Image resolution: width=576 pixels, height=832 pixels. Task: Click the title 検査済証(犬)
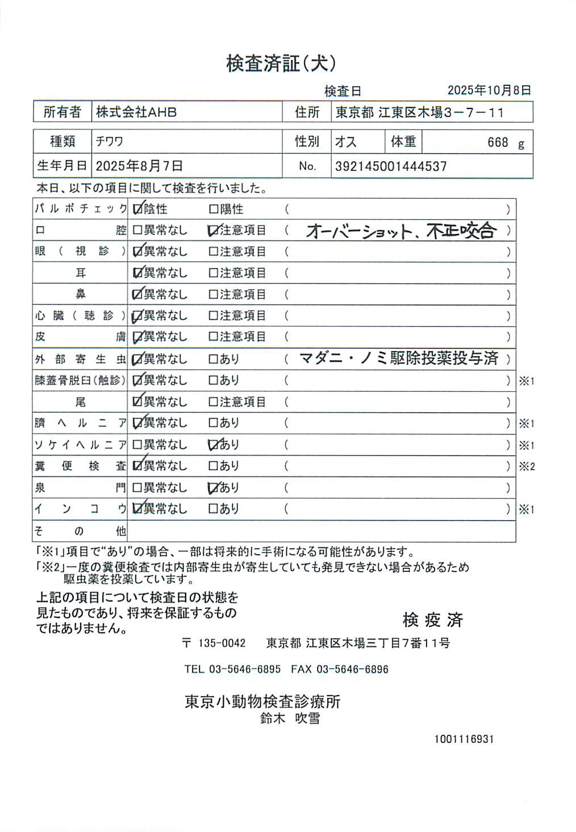[281, 63]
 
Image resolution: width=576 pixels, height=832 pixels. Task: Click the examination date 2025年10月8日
[489, 90]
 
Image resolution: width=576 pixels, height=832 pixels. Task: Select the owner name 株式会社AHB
[136, 112]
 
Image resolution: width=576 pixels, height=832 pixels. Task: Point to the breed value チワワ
[110, 141]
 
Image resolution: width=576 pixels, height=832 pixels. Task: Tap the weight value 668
[498, 143]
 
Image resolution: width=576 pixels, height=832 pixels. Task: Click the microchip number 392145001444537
[391, 166]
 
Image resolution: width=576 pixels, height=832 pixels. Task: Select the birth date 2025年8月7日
[139, 166]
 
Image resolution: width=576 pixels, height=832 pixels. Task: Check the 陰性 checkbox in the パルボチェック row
[137, 210]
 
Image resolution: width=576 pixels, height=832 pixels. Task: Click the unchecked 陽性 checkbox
[214, 210]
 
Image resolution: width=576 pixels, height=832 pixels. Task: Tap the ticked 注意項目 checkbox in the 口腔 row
[214, 231]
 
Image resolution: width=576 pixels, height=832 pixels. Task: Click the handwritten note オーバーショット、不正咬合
[401, 231]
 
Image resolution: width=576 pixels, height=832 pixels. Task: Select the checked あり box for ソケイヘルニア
[214, 445]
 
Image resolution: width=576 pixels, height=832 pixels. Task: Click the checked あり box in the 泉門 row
[214, 488]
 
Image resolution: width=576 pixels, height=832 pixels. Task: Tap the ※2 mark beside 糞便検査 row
[527, 467]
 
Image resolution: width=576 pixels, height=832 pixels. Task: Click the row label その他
[80, 531]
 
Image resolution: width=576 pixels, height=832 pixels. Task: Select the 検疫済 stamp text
[433, 620]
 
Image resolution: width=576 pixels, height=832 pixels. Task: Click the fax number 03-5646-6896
[352, 669]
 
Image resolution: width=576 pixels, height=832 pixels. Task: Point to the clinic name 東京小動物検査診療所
[262, 701]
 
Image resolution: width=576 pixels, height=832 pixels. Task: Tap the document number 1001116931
[464, 739]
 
